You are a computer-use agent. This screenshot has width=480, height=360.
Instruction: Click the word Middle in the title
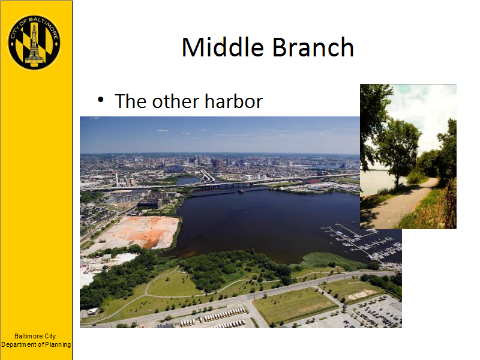click(223, 47)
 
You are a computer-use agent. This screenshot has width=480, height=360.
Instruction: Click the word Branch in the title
click(313, 47)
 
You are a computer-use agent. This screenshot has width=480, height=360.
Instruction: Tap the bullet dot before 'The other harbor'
click(100, 100)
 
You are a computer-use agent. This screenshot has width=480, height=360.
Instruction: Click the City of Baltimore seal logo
click(34, 42)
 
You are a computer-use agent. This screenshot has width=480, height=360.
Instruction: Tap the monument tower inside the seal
click(34, 45)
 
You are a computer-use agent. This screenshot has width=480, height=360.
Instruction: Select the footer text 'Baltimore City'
click(35, 336)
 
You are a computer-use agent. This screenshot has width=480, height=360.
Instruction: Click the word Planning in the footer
click(58, 344)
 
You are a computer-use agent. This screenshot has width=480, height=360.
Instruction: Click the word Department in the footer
click(19, 344)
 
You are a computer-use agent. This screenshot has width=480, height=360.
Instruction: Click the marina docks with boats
click(363, 242)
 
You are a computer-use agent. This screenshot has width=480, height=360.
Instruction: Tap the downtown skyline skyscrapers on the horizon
click(202, 160)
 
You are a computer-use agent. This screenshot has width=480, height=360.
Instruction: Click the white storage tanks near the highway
click(256, 177)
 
